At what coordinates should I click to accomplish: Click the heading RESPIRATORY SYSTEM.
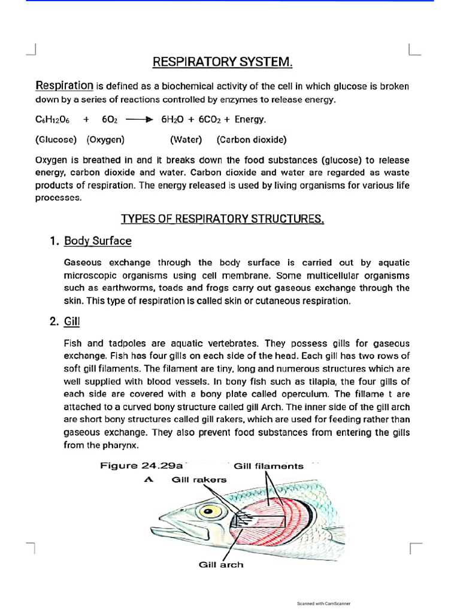[x=223, y=62]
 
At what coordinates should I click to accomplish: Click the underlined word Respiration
[x=65, y=86]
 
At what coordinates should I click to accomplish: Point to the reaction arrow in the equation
[x=142, y=120]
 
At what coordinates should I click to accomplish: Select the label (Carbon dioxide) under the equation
[x=252, y=140]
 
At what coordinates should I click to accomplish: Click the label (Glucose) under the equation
[x=56, y=140]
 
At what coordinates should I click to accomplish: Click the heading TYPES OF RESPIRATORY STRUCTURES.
[x=223, y=219]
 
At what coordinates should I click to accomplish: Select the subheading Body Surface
[x=98, y=241]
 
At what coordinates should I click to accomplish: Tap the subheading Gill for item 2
[x=72, y=322]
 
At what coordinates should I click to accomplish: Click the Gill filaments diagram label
[x=268, y=466]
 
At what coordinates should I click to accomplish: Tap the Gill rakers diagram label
[x=199, y=480]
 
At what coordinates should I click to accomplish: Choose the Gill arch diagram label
[x=221, y=565]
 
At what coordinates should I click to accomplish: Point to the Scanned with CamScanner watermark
[x=323, y=603]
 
